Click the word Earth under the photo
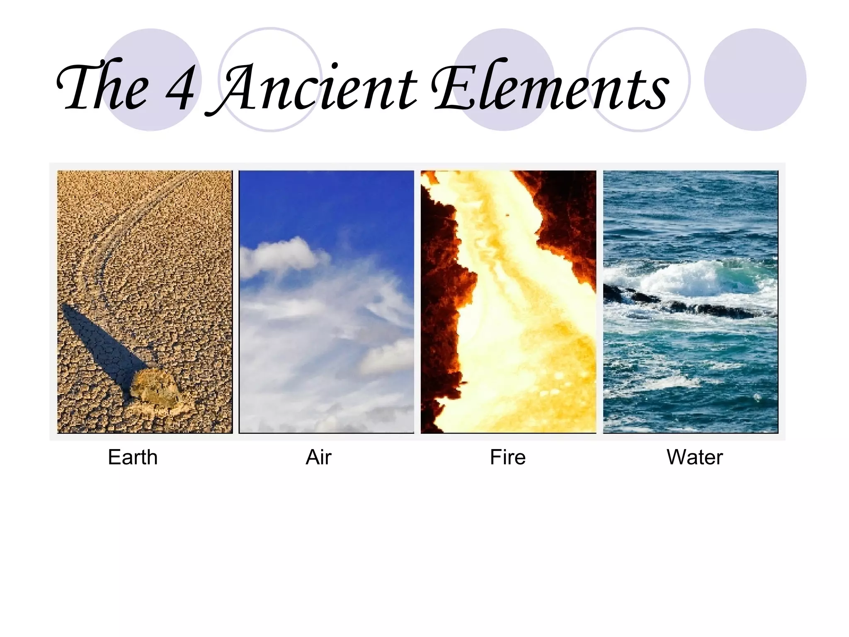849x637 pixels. pos(133,457)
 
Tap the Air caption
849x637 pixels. pos(318,457)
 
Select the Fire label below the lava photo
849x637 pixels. pos(507,457)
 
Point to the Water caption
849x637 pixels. pos(694,457)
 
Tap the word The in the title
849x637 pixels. pos(104,87)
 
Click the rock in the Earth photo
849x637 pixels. pos(155,388)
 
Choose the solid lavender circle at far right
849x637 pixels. pos(755,80)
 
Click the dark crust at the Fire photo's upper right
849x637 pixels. pos(568,216)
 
